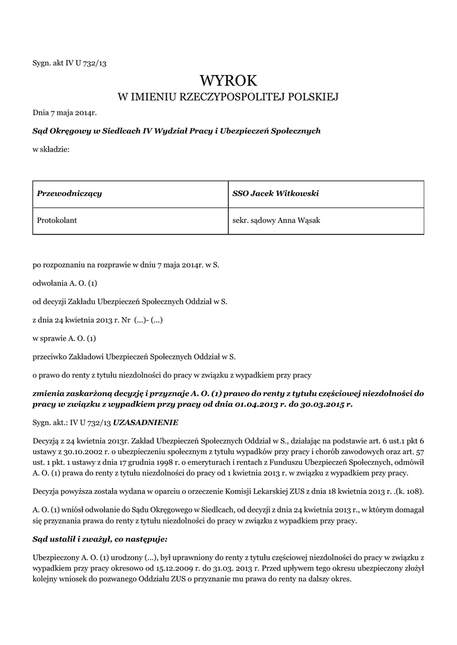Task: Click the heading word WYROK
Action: tap(228, 80)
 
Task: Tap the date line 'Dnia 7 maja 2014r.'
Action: tap(64, 113)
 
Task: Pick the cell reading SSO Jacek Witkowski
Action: tap(275, 193)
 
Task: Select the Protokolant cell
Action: tap(57, 221)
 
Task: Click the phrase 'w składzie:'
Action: tap(51, 149)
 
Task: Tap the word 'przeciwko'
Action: tap(50, 357)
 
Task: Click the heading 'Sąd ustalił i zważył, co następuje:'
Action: tap(100, 540)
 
